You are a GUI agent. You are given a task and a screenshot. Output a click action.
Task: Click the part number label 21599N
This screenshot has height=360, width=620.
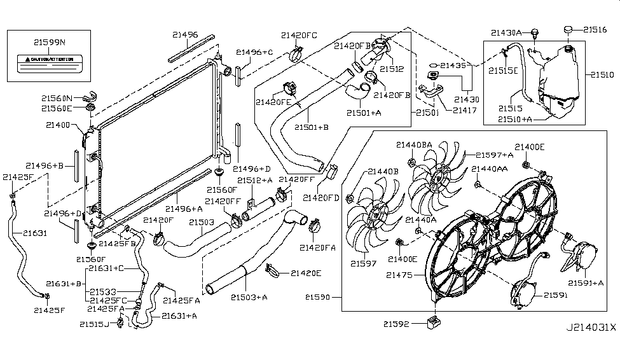coord(50,43)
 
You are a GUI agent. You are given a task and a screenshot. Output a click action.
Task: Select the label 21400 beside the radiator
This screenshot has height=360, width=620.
coord(58,125)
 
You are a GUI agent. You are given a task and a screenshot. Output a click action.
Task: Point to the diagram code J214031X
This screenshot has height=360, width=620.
coord(591,328)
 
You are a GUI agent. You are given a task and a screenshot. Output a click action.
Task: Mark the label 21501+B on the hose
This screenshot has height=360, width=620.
coord(312,127)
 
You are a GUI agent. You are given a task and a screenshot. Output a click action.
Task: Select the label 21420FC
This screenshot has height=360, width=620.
coord(299,35)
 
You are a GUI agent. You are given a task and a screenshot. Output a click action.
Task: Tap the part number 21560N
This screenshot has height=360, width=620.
coord(58,98)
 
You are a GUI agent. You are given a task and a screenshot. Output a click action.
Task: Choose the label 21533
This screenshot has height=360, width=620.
coord(102,291)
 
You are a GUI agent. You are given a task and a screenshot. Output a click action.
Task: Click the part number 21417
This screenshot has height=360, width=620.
coord(466,110)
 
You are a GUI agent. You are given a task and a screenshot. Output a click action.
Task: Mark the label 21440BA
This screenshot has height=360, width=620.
coord(414,144)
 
